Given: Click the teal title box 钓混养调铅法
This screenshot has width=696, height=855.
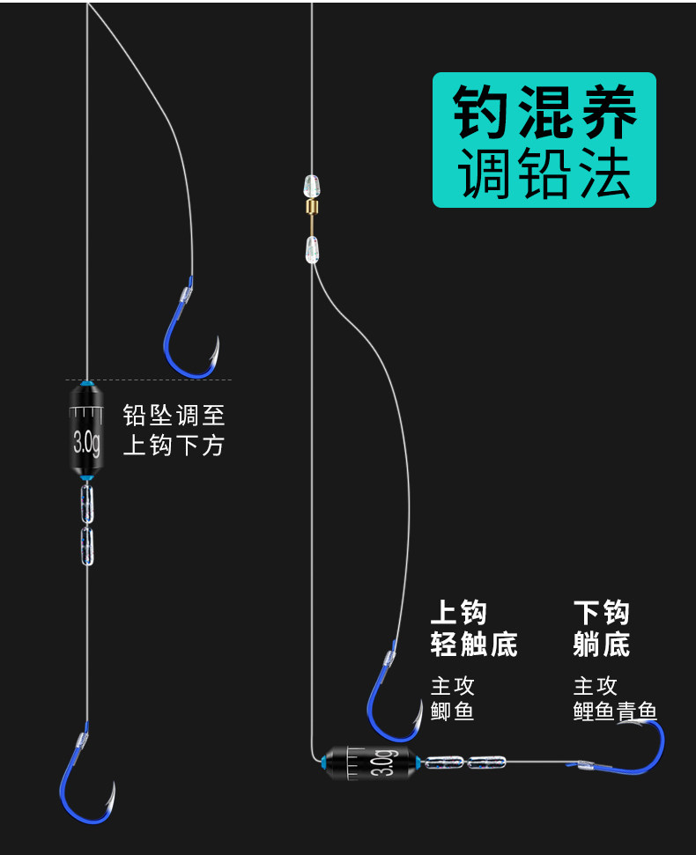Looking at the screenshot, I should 544,140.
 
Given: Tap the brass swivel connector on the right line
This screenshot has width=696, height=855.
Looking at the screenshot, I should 310,209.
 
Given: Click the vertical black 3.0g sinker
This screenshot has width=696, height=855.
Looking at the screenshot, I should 85,430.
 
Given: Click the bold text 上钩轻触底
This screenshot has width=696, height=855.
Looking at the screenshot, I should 472,629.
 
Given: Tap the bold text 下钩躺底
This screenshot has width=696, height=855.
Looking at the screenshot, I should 601,629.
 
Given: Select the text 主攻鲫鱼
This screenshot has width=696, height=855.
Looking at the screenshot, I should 453,698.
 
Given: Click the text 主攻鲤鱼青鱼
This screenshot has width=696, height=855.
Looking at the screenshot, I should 614,698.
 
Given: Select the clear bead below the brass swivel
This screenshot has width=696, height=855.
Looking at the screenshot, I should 311,249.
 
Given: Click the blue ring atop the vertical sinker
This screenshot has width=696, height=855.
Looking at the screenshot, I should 85,384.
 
